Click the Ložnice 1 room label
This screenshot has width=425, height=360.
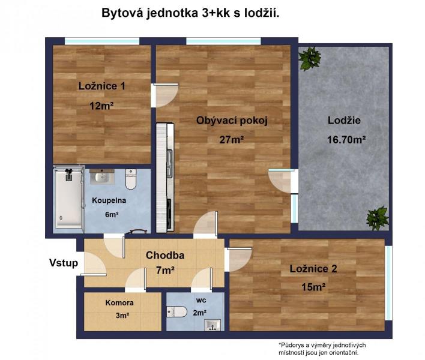pyautogui.click(x=102, y=86)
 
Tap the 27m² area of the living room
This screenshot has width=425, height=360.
pyautogui.click(x=232, y=140)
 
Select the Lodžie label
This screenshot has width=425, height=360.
pyautogui.click(x=344, y=120)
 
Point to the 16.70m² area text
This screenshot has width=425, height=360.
pyautogui.click(x=346, y=140)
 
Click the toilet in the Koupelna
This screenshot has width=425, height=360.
pyautogui.click(x=131, y=179)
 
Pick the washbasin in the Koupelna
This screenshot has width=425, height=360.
pyautogui.click(x=102, y=176)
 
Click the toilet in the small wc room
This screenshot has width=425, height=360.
pyautogui.click(x=176, y=311)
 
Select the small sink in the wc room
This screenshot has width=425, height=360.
pyautogui.click(x=212, y=325)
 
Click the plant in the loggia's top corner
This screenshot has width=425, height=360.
pyautogui.click(x=309, y=58)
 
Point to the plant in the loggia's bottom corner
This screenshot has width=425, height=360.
pyautogui.click(x=378, y=218)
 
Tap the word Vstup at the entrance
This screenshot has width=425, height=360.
pyautogui.click(x=64, y=263)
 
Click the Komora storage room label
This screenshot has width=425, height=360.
pyautogui.click(x=119, y=302)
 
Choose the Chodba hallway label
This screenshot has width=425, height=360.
pyautogui.click(x=165, y=255)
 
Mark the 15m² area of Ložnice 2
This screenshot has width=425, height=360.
pyautogui.click(x=313, y=287)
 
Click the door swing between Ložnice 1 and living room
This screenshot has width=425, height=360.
pyautogui.click(x=165, y=95)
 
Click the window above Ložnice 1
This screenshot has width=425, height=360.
pyautogui.click(x=102, y=41)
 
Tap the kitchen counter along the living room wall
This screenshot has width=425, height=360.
pyautogui.click(x=165, y=178)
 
